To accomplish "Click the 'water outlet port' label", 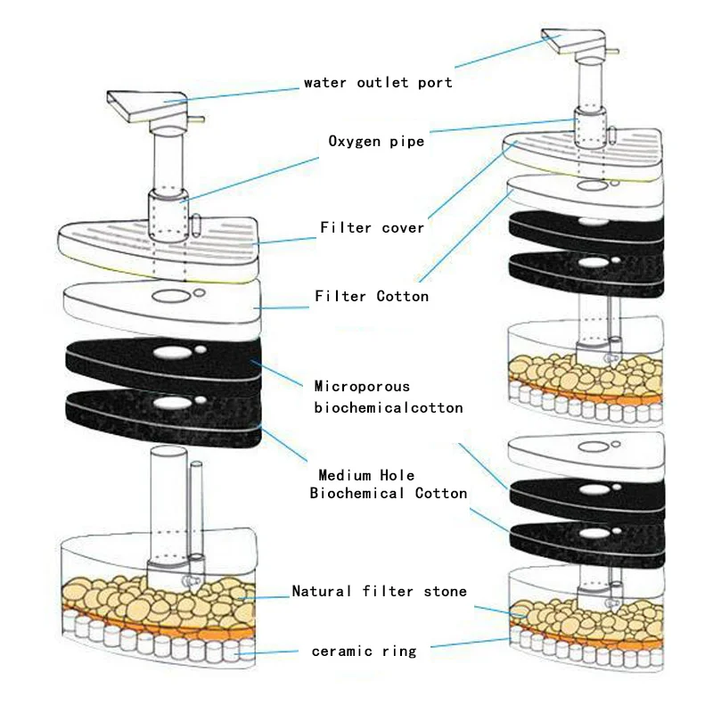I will [378, 83].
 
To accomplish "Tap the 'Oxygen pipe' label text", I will [376, 141].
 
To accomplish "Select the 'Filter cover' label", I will [373, 228].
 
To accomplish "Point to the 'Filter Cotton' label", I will [373, 296].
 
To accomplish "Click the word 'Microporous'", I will [362, 387].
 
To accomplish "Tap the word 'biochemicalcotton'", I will [389, 407].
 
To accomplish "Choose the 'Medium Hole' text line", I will [366, 475].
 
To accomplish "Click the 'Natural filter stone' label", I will [380, 591].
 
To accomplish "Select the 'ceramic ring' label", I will [364, 652].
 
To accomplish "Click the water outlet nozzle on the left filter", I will [147, 107].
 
